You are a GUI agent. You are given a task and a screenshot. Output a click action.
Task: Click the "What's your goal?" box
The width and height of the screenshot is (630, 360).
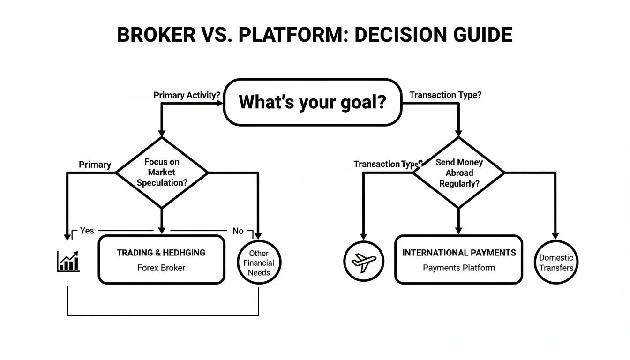tap(312, 102)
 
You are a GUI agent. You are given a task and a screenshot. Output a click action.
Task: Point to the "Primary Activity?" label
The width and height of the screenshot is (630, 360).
tap(187, 95)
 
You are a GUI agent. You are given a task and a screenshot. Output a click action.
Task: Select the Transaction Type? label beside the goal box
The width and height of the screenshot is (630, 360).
tap(445, 95)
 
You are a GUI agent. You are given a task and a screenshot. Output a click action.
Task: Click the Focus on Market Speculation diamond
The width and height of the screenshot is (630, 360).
tap(162, 172)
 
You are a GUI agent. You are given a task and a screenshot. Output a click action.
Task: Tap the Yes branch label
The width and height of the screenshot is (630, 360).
tap(87, 231)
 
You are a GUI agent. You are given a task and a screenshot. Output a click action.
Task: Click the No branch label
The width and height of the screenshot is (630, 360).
tap(238, 231)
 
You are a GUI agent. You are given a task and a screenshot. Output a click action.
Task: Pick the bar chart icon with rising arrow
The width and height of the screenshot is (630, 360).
tap(68, 261)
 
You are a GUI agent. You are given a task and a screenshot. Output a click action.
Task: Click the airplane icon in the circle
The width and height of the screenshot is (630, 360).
tap(363, 261)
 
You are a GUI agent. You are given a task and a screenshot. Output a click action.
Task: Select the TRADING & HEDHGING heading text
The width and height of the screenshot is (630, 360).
tap(161, 253)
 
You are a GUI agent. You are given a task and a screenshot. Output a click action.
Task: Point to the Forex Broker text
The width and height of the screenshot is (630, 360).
tap(161, 268)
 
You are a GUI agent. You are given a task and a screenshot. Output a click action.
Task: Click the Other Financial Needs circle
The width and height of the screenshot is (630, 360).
tap(258, 262)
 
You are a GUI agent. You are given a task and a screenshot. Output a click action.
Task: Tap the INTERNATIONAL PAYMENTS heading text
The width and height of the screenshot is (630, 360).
tap(459, 253)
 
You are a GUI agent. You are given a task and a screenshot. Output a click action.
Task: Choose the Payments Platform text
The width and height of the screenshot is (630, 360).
tap(459, 268)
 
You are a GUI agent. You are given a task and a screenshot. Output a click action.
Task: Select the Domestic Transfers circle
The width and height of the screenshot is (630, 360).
tap(556, 262)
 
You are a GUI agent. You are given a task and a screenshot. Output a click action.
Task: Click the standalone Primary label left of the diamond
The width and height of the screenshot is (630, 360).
tap(95, 165)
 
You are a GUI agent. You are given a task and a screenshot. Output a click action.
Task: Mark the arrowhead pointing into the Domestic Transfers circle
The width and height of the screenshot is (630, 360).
tap(556, 236)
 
